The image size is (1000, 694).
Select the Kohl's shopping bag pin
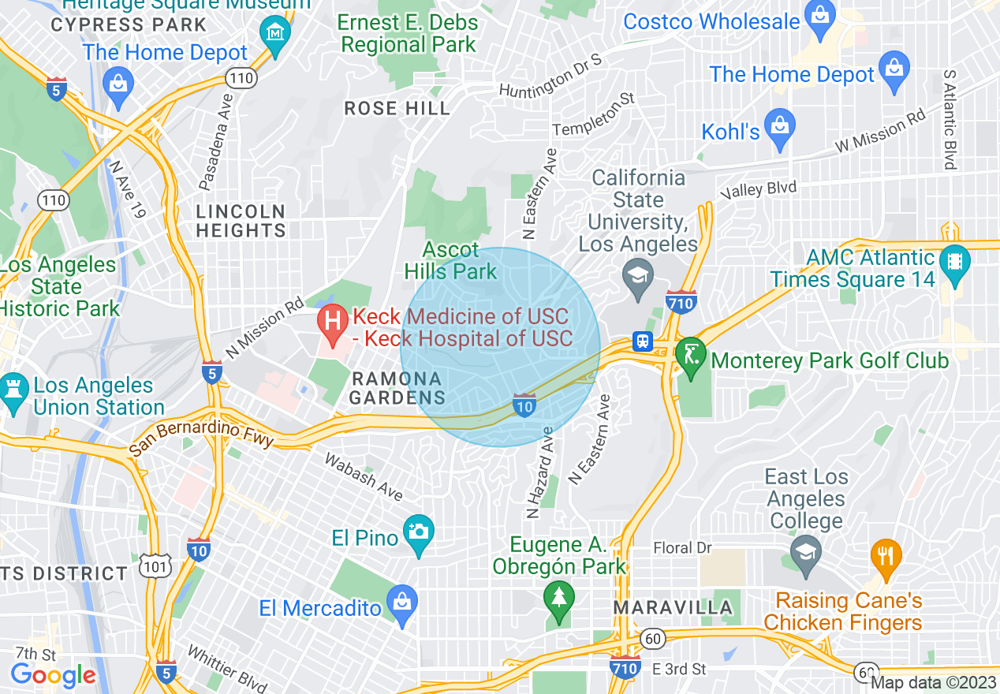pos(780,126)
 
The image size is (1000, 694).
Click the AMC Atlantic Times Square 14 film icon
pos(955,260)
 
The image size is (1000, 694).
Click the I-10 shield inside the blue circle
pos(524,405)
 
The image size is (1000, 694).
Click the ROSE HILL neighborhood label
pos(397,109)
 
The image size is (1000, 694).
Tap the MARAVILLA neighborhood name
pos(673,608)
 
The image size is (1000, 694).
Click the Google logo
pos(53,675)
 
